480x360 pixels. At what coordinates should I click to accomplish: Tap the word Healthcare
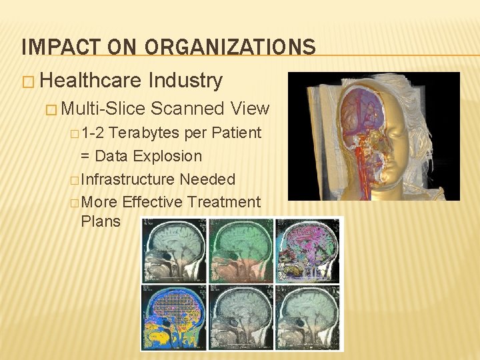pos(91,81)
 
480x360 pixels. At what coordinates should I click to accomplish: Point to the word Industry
pos(185,81)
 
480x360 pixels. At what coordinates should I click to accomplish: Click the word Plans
pos(100,221)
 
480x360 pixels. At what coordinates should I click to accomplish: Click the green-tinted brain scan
pos(240,251)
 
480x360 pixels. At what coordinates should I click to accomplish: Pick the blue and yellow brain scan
pos(173,317)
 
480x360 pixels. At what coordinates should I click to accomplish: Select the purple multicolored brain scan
pos(306,251)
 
